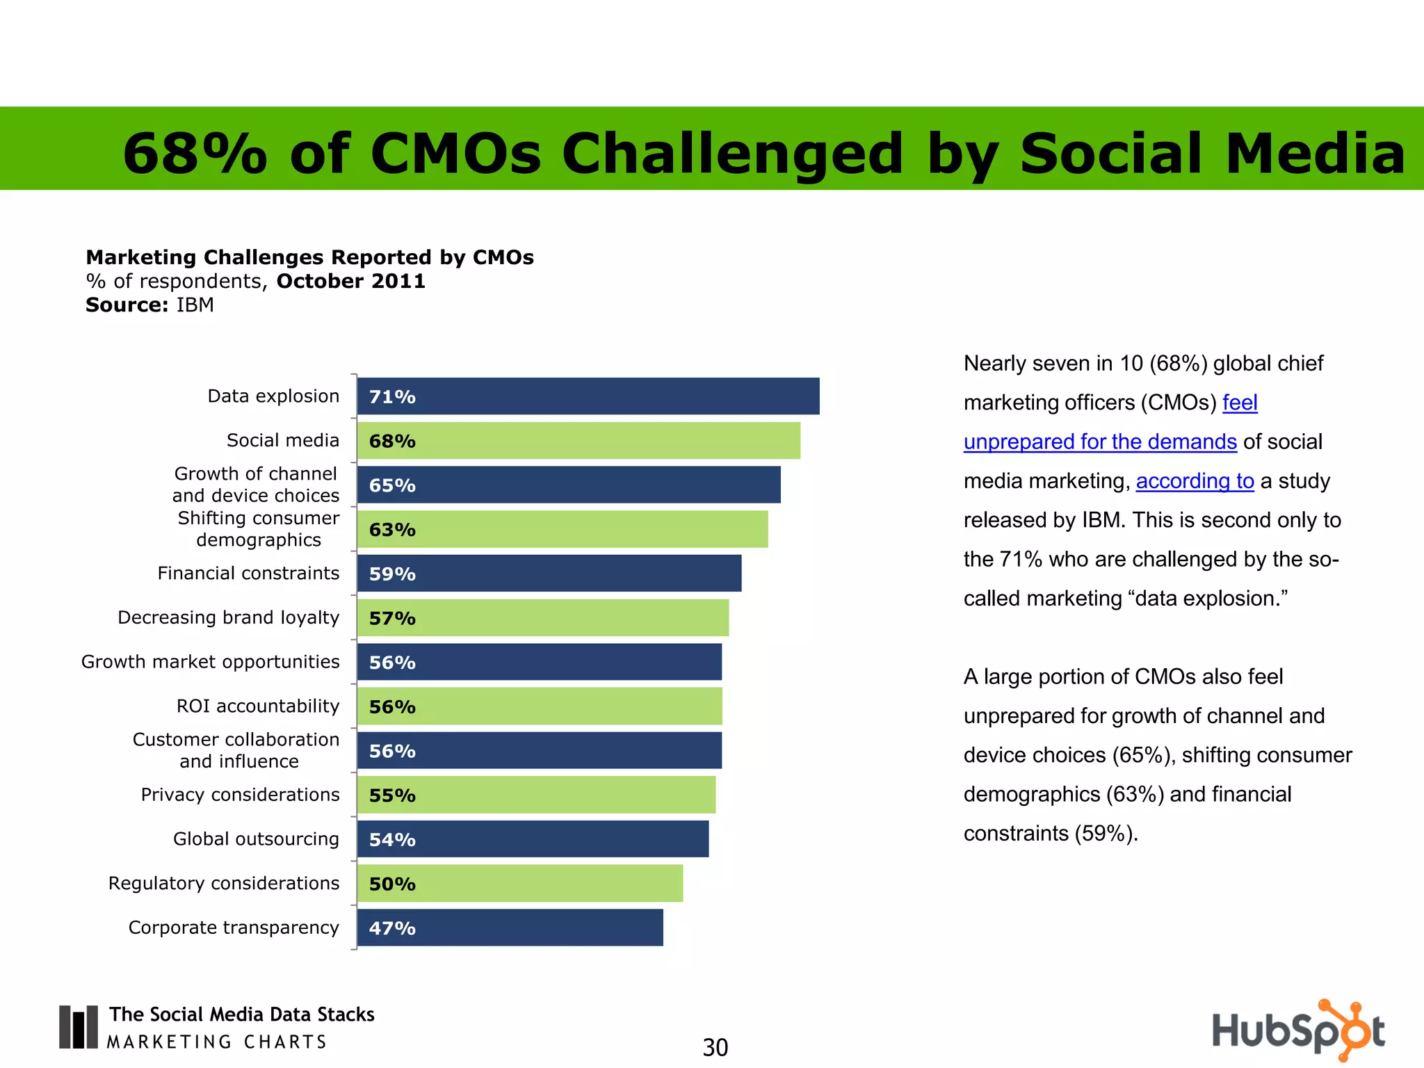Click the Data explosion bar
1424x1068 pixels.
pyautogui.click(x=588, y=396)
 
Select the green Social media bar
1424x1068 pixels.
pyautogui.click(x=578, y=441)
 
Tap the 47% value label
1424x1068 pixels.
pyautogui.click(x=392, y=928)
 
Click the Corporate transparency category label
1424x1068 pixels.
pyautogui.click(x=234, y=928)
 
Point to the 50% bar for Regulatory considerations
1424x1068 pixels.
pyautogui.click(x=520, y=884)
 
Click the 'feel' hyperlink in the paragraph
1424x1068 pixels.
pyautogui.click(x=1240, y=403)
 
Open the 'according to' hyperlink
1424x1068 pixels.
pyautogui.click(x=1195, y=481)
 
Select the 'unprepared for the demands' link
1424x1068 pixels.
pyautogui.click(x=1100, y=442)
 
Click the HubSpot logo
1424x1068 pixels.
pyautogui.click(x=1298, y=1030)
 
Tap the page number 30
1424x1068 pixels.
pyautogui.click(x=715, y=1047)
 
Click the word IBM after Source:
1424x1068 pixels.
pyautogui.click(x=195, y=305)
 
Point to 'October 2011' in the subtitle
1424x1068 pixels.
pyautogui.click(x=350, y=282)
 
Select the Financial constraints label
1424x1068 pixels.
pyautogui.click(x=248, y=574)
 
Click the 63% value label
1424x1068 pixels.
pyautogui.click(x=392, y=530)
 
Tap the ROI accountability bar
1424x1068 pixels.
pyautogui.click(x=540, y=706)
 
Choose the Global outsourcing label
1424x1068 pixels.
pyautogui.click(x=256, y=839)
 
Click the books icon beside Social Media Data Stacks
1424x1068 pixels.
pyautogui.click(x=78, y=1027)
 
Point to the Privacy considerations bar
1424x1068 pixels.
pyautogui.click(x=536, y=795)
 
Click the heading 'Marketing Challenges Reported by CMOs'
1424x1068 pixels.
pyautogui.click(x=309, y=258)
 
